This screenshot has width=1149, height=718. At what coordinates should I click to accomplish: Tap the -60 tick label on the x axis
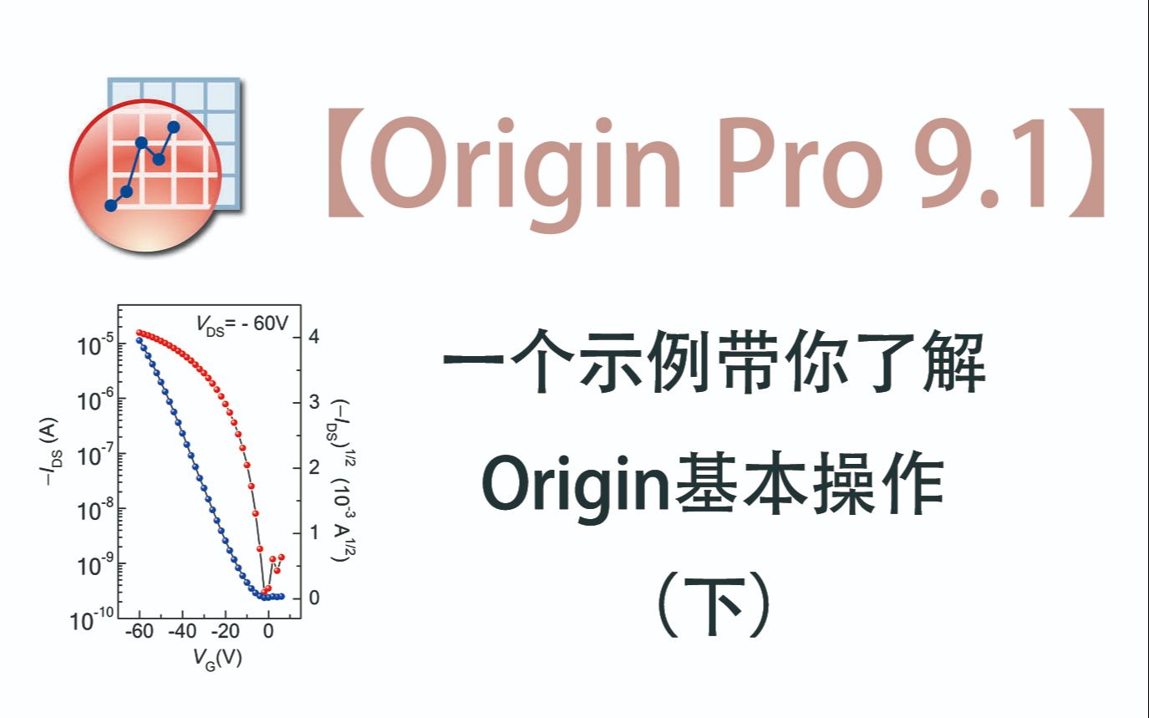pyautogui.click(x=138, y=633)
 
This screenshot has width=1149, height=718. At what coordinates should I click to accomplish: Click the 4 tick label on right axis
pyautogui.click(x=314, y=336)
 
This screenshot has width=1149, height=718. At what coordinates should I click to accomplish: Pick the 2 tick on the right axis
pyautogui.click(x=314, y=466)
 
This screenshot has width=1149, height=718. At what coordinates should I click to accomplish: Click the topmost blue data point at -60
pyautogui.click(x=139, y=340)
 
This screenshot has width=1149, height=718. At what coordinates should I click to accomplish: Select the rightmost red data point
pyautogui.click(x=282, y=557)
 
